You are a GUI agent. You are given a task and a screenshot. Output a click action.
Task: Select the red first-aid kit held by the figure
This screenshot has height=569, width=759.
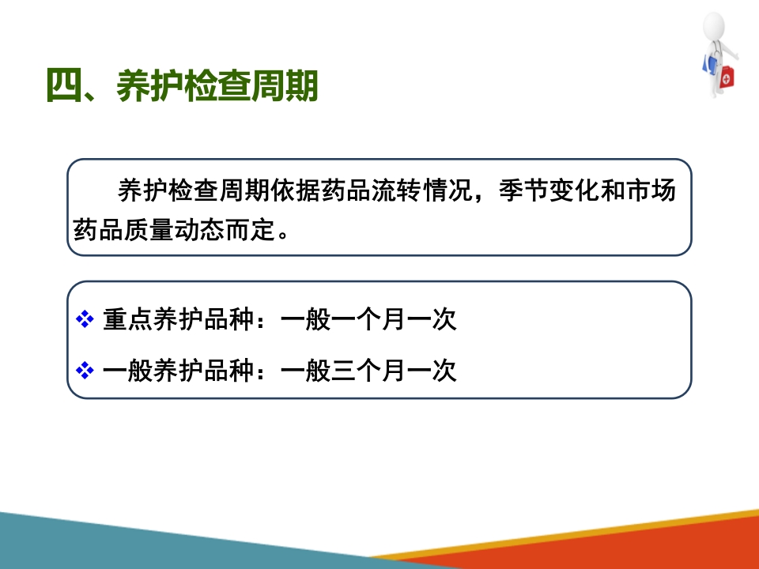(727, 77)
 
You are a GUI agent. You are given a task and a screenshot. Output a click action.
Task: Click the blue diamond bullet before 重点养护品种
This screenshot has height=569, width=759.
(85, 320)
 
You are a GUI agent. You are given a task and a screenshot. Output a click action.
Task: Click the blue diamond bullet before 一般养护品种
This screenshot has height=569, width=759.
(85, 370)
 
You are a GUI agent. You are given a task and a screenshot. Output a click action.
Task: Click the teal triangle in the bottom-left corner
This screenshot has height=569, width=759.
(119, 545)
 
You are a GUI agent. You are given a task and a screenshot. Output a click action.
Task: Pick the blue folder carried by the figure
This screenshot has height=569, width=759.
(706, 63)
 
